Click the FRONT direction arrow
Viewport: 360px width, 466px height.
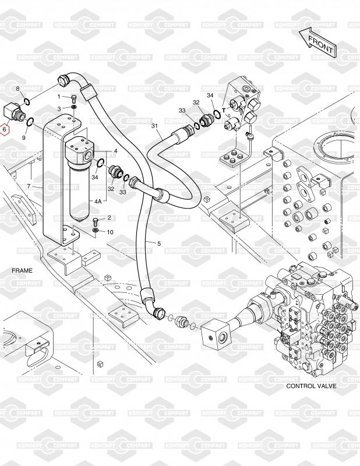(x=318, y=43)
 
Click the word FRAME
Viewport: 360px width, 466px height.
(x=22, y=271)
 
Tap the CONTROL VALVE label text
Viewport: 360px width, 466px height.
(x=311, y=386)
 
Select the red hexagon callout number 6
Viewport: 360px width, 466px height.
(x=5, y=129)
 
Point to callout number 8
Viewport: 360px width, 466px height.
(x=17, y=89)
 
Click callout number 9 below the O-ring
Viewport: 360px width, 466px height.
(x=24, y=137)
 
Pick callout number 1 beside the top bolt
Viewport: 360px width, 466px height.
(x=59, y=97)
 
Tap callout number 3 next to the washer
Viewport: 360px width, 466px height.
(x=59, y=109)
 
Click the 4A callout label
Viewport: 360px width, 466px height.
(x=98, y=202)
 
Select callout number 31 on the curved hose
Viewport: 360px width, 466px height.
(x=154, y=126)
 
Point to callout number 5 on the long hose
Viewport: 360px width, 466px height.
(x=159, y=243)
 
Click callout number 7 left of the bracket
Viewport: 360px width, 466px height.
(x=29, y=186)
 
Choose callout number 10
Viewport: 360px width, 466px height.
(x=110, y=232)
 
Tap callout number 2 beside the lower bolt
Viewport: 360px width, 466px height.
(x=109, y=218)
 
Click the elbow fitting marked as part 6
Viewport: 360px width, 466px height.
(x=14, y=112)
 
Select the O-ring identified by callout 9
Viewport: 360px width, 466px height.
(x=30, y=122)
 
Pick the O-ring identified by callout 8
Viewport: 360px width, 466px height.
(x=26, y=101)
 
